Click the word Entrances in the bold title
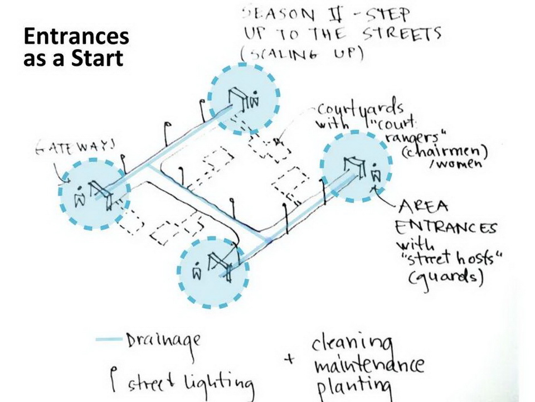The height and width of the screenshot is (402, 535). [76, 37]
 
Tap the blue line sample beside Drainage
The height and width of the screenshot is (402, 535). [109, 339]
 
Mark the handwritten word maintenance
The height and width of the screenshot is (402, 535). [368, 365]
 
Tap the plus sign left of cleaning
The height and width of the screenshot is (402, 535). [289, 360]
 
